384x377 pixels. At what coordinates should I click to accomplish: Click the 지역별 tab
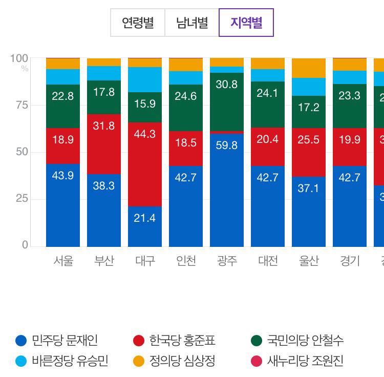click(x=246, y=23)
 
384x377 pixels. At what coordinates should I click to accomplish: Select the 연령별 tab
click(x=138, y=23)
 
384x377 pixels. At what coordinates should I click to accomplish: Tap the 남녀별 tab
click(x=192, y=23)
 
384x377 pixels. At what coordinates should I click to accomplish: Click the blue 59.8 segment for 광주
click(x=227, y=190)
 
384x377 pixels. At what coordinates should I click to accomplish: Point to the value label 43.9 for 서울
click(x=63, y=176)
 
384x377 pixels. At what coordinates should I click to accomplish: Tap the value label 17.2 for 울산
click(x=309, y=108)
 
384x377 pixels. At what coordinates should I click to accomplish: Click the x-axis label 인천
click(x=186, y=261)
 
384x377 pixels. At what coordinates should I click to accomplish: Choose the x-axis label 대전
click(x=268, y=261)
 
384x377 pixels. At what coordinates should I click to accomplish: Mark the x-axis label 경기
click(x=350, y=261)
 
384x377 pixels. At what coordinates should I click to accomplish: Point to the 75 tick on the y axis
click(x=21, y=105)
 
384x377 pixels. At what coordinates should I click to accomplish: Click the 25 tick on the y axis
click(x=21, y=199)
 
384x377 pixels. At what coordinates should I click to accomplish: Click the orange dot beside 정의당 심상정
click(x=139, y=361)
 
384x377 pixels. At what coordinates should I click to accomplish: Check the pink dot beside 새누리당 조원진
click(x=257, y=361)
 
